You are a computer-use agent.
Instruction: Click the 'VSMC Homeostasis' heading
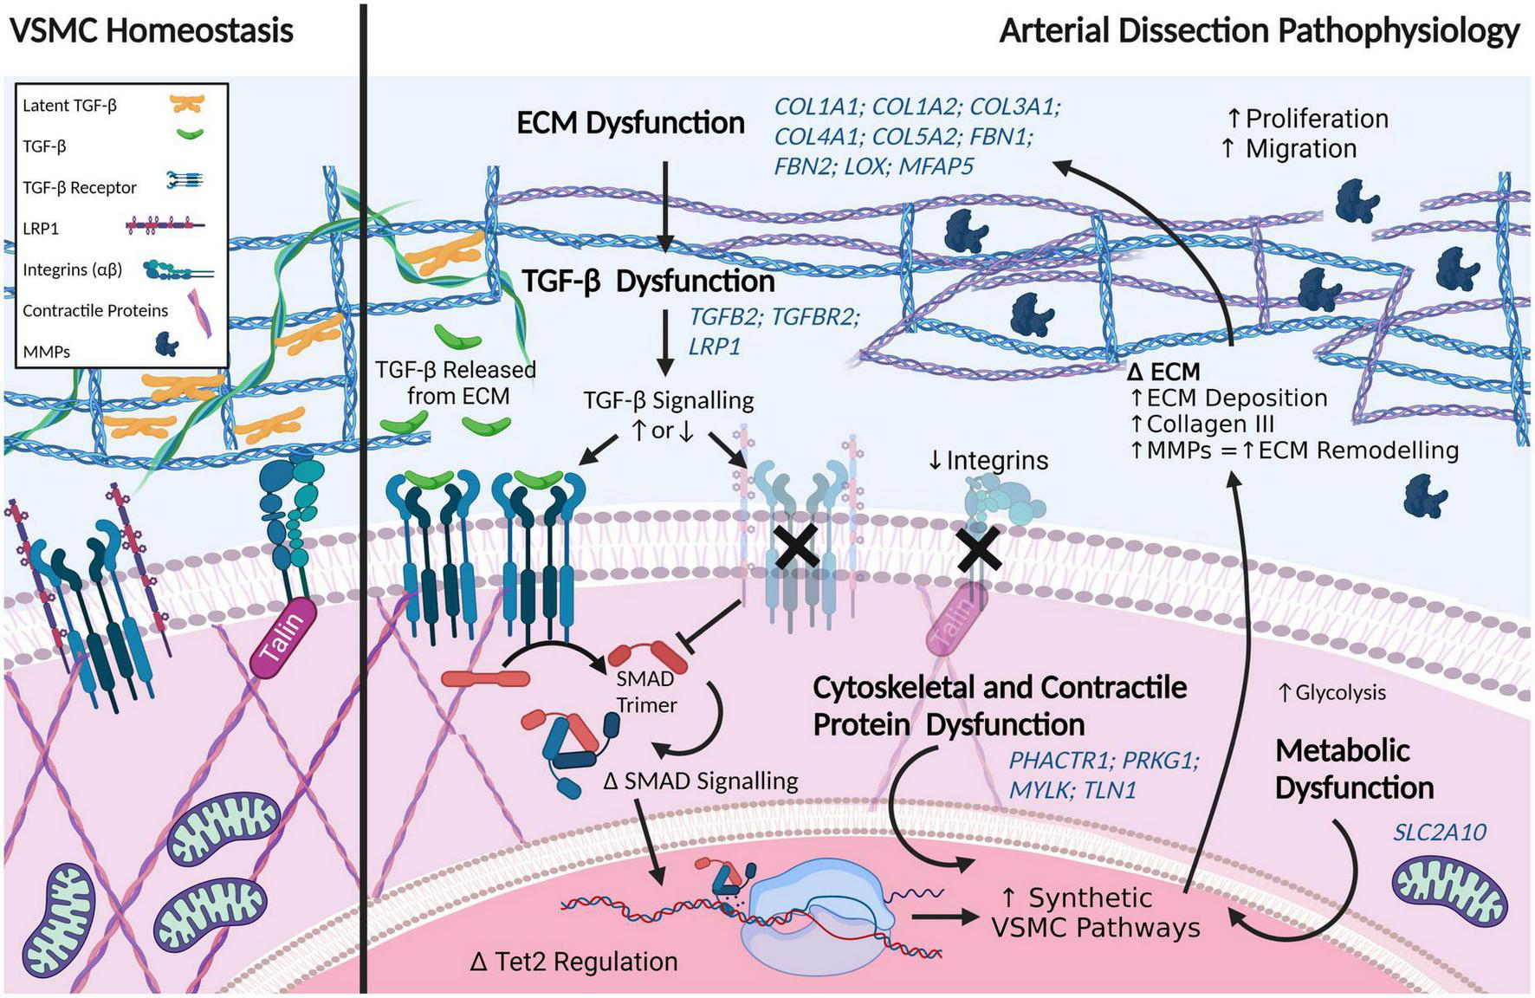pyautogui.click(x=152, y=31)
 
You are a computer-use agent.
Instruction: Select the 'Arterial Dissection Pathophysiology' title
pyautogui.click(x=1259, y=31)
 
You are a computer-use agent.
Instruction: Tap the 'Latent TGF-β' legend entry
pyautogui.click(x=69, y=106)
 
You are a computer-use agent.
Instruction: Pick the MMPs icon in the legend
pyautogui.click(x=166, y=346)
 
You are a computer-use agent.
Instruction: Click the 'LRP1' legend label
pyautogui.click(x=41, y=229)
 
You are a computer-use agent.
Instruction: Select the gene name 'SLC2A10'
pyautogui.click(x=1439, y=833)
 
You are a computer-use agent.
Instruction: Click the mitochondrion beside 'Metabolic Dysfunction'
pyautogui.click(x=1449, y=891)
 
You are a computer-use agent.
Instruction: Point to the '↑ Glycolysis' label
pyautogui.click(x=1332, y=693)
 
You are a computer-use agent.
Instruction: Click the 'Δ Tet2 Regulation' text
pyautogui.click(x=573, y=962)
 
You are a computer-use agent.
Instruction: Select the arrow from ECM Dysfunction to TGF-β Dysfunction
pyautogui.click(x=664, y=204)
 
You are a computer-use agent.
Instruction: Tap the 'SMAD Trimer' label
pyautogui.click(x=645, y=692)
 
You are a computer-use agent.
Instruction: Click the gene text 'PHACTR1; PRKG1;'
pyautogui.click(x=1104, y=761)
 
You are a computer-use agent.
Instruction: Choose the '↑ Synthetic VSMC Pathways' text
pyautogui.click(x=1095, y=912)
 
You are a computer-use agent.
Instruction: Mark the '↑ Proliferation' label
pyautogui.click(x=1307, y=119)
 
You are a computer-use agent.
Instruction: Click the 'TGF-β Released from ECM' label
pyautogui.click(x=456, y=383)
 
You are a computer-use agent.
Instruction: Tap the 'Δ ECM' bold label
pyautogui.click(x=1163, y=373)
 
